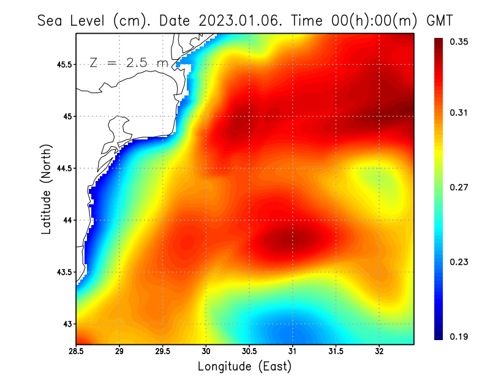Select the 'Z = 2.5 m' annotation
coord(128,63)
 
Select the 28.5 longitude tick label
coord(76,352)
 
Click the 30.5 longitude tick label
coord(249,352)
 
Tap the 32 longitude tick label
coord(379,352)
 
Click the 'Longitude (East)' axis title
coord(244,366)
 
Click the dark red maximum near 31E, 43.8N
coord(289,239)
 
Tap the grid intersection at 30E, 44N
coord(206,220)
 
